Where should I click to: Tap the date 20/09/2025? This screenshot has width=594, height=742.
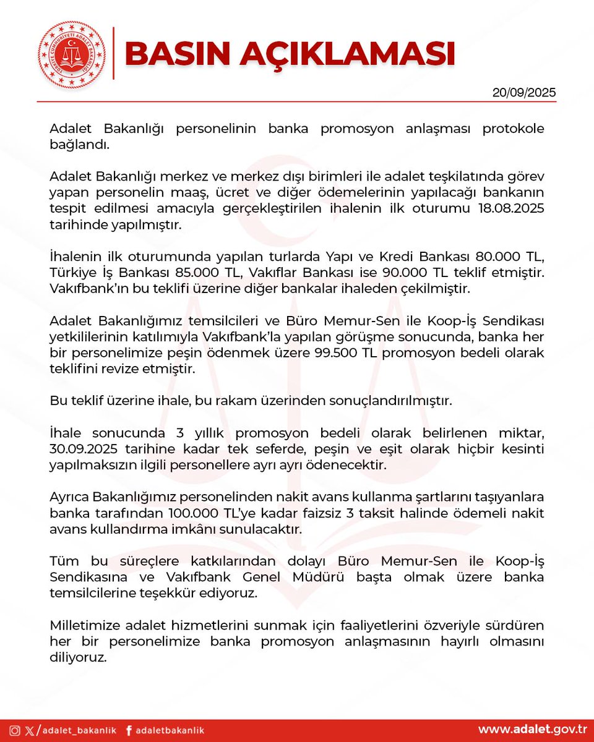tap(524, 93)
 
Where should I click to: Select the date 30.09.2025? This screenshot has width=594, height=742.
tap(87, 450)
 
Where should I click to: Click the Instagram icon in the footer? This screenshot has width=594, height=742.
tap(14, 730)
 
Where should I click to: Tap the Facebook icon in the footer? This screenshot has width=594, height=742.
tap(129, 730)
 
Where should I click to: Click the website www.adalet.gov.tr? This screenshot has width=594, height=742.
tap(532, 730)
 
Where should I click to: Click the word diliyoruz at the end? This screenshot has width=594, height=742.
tap(79, 657)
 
